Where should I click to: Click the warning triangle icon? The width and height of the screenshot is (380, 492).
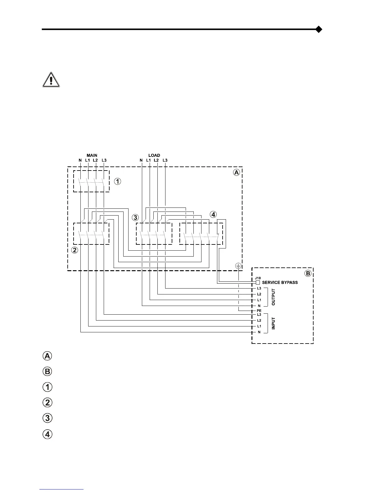coord(51,80)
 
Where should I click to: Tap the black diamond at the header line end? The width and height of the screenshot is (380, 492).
coord(319,30)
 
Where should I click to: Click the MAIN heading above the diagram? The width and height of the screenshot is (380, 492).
coord(92,155)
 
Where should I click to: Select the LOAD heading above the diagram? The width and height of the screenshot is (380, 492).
coord(154,155)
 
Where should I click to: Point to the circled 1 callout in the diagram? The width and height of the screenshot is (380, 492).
coord(117,181)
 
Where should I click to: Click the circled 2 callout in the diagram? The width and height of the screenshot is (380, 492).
coord(75,250)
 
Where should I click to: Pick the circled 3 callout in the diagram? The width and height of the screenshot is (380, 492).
coord(135,217)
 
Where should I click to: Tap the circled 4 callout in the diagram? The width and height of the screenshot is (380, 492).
coord(213,214)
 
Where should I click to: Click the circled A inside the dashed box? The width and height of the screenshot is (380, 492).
coord(237,172)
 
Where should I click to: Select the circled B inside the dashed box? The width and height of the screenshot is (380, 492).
coord(308,273)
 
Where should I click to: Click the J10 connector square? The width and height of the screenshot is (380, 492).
coord(258,282)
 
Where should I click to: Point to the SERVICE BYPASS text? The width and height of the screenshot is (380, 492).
coord(280,282)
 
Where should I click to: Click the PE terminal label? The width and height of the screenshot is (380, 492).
coord(259,311)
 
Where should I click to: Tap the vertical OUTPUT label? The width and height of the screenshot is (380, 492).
coord(274,297)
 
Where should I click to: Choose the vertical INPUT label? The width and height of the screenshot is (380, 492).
coord(274,323)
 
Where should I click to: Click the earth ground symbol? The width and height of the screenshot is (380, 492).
coord(238,266)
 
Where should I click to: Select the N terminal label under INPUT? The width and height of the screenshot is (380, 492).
coord(259,332)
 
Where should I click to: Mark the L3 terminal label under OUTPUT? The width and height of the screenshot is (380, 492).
coord(259,289)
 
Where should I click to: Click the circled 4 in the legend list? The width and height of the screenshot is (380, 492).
coord(47,434)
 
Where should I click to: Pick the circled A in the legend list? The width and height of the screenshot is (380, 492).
coord(47,356)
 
